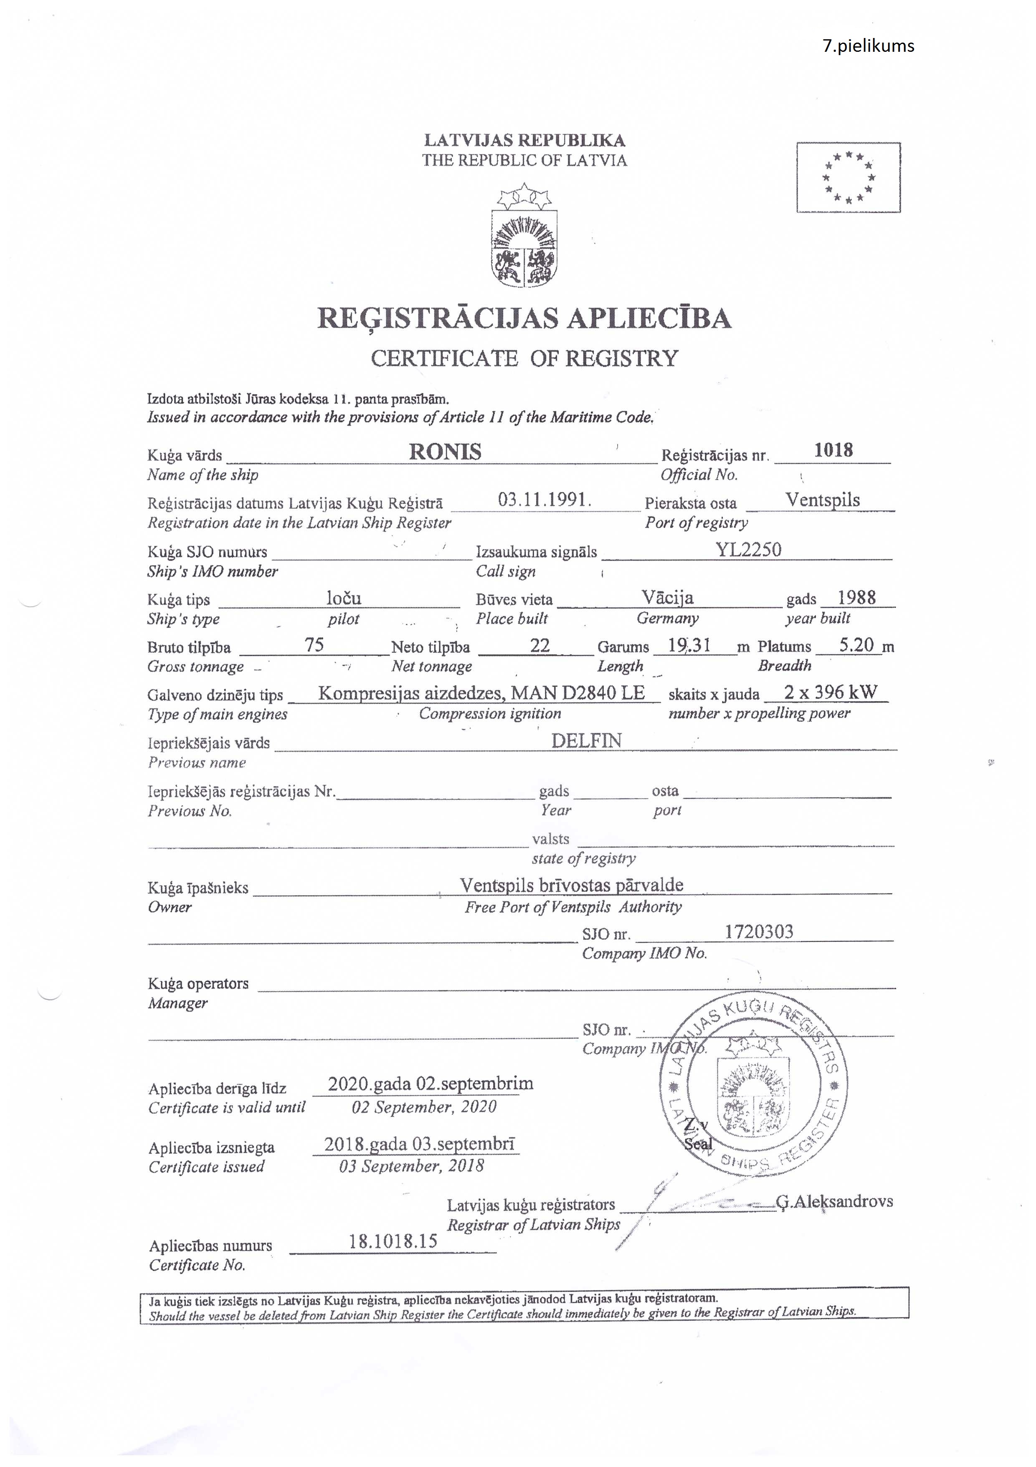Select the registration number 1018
(833, 450)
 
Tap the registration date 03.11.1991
(544, 500)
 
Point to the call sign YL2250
(748, 549)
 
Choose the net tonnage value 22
(540, 645)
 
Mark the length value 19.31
(689, 645)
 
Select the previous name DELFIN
(586, 741)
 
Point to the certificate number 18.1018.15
(393, 1241)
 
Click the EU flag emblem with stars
(848, 177)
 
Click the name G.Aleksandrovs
(834, 1201)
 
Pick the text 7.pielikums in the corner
(868, 46)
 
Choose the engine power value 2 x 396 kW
(830, 692)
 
